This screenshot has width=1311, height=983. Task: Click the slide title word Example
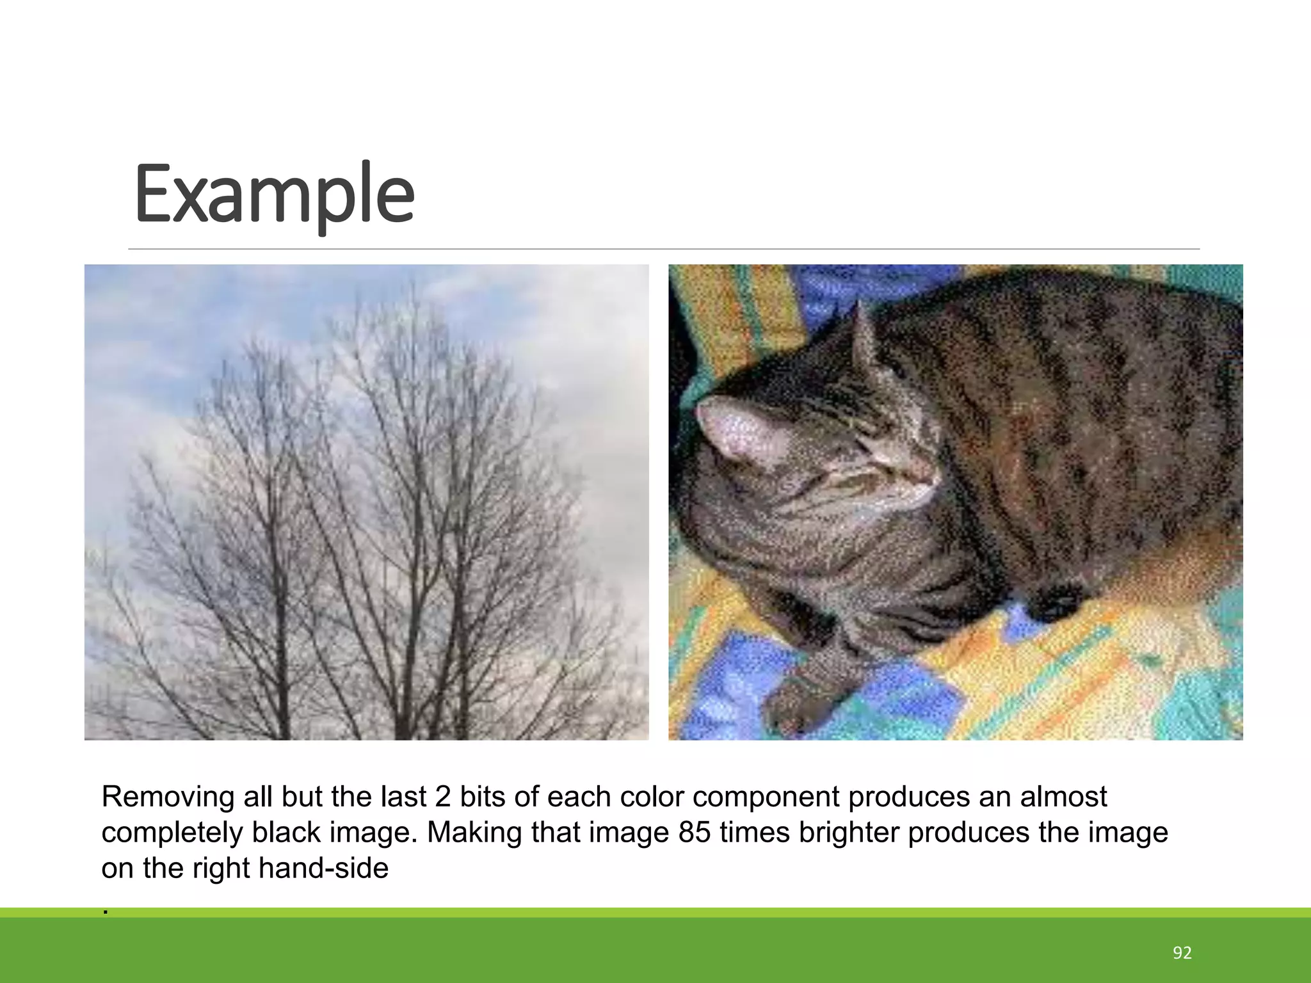pos(274,193)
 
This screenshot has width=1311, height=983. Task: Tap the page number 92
pos(1182,953)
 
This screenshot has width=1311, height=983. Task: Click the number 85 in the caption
pos(695,833)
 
